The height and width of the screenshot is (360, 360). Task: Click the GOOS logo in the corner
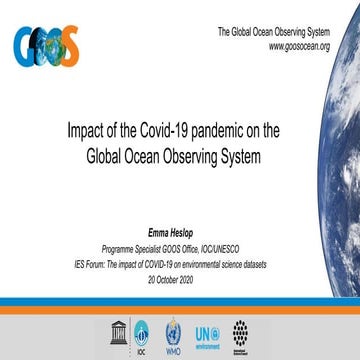46,44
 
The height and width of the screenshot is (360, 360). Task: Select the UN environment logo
206,331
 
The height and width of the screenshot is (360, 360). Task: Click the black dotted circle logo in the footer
240,331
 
